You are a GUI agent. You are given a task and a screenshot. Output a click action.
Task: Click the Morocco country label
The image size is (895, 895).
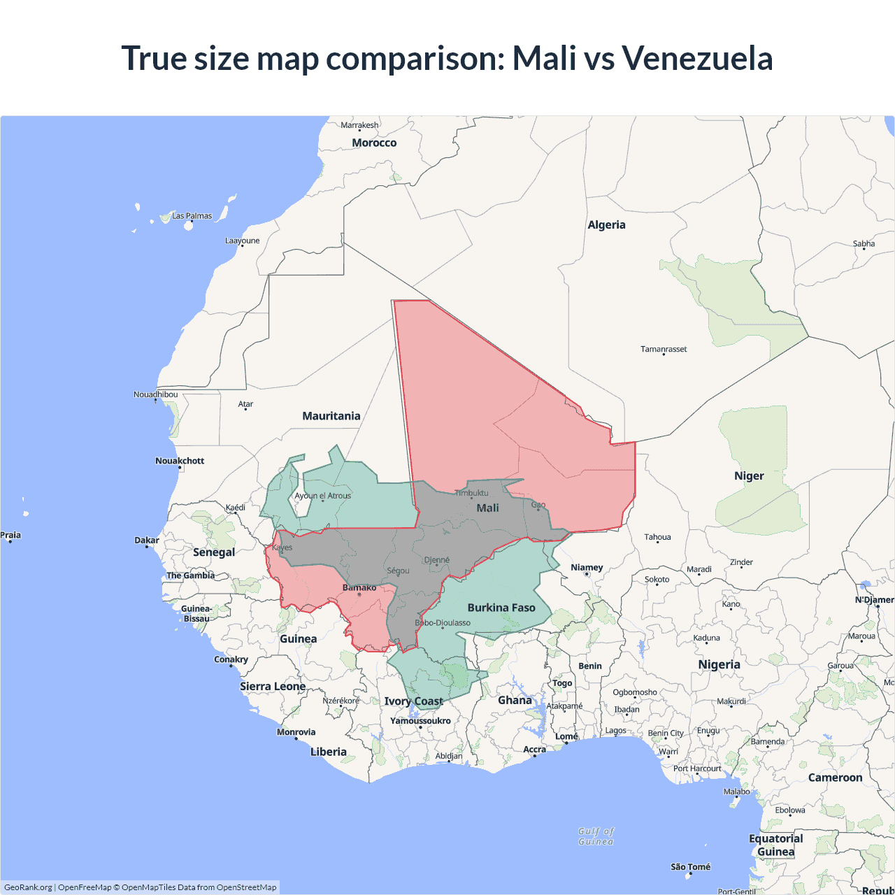(374, 143)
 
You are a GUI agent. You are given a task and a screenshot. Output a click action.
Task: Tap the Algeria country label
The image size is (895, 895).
(606, 224)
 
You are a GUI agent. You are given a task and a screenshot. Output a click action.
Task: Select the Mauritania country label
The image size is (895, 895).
(331, 416)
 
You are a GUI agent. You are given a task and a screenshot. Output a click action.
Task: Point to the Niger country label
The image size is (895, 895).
(749, 476)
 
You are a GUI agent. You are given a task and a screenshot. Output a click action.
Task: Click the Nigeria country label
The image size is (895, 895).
(719, 664)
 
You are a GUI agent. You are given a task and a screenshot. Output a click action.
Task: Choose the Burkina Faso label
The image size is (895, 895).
(501, 608)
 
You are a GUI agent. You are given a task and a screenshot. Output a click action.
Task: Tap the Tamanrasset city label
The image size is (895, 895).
(664, 349)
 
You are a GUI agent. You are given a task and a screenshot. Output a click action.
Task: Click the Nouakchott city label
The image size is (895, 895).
(180, 461)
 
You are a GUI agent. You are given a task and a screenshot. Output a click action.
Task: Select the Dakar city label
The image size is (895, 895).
(147, 540)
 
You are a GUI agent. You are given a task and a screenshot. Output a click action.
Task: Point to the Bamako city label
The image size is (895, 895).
(359, 587)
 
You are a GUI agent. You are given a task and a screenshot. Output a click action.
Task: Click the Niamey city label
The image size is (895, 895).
(587, 567)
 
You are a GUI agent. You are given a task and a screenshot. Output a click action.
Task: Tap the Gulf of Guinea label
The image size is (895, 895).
(596, 836)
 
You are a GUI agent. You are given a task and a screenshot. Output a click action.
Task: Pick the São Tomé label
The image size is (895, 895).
(690, 867)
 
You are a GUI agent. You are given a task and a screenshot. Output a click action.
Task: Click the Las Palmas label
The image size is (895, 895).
(192, 215)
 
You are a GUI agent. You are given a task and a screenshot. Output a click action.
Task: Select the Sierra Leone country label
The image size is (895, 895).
(273, 686)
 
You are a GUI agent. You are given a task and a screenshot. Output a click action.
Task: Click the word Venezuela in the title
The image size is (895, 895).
(697, 58)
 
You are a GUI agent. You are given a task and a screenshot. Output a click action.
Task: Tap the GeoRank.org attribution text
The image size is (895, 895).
(28, 887)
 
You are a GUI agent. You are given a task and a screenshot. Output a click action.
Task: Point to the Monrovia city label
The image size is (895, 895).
(296, 732)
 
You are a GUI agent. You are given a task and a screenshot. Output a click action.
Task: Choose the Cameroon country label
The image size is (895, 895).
(835, 778)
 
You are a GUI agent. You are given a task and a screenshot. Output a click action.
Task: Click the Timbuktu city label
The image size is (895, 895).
(471, 493)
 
